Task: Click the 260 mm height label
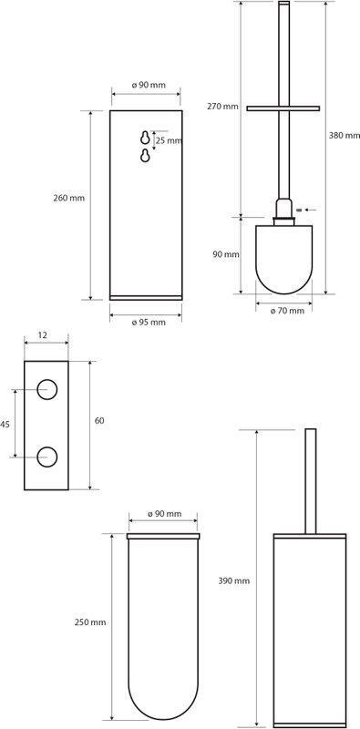69,198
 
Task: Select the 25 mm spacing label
169,140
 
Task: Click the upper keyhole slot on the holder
145,138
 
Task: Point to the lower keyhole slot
145,155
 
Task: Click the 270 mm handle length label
222,107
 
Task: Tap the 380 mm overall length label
345,136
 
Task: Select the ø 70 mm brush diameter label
287,311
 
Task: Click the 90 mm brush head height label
226,254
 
